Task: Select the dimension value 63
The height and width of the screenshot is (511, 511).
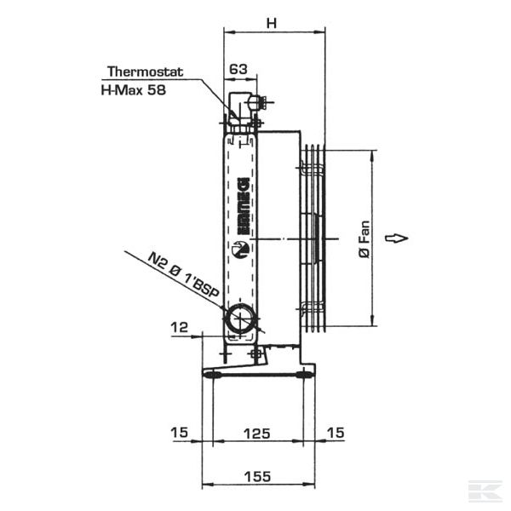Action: (238, 68)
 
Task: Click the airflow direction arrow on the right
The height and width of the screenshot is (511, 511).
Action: (397, 238)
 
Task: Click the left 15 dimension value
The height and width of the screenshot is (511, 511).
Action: (178, 433)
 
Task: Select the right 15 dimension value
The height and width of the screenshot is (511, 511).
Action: (336, 433)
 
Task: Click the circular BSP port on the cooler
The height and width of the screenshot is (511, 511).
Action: (238, 319)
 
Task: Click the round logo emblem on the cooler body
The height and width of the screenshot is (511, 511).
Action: (239, 250)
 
